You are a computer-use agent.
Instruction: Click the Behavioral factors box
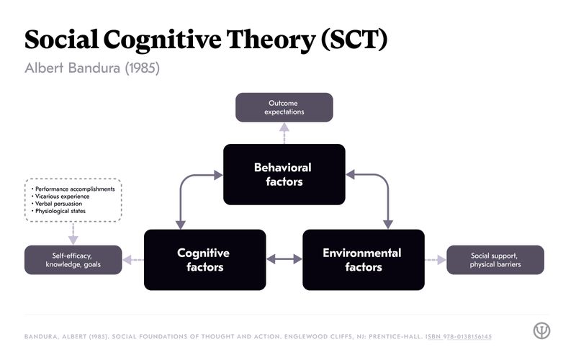click(x=284, y=174)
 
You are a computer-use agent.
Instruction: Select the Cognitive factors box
click(x=204, y=260)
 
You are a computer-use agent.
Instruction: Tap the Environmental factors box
click(x=363, y=260)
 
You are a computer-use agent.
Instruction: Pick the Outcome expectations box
click(x=284, y=107)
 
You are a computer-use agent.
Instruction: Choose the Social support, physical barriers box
click(x=495, y=260)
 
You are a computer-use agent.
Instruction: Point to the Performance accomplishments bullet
click(x=74, y=189)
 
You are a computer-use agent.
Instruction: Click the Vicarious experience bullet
click(x=63, y=197)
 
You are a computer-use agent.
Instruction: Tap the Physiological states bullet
click(x=63, y=212)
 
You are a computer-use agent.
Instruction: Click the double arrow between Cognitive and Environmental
click(x=284, y=259)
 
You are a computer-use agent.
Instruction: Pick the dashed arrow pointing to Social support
click(x=435, y=260)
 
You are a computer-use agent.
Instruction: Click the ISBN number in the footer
click(x=459, y=337)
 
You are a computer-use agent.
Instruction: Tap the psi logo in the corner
click(x=541, y=330)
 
